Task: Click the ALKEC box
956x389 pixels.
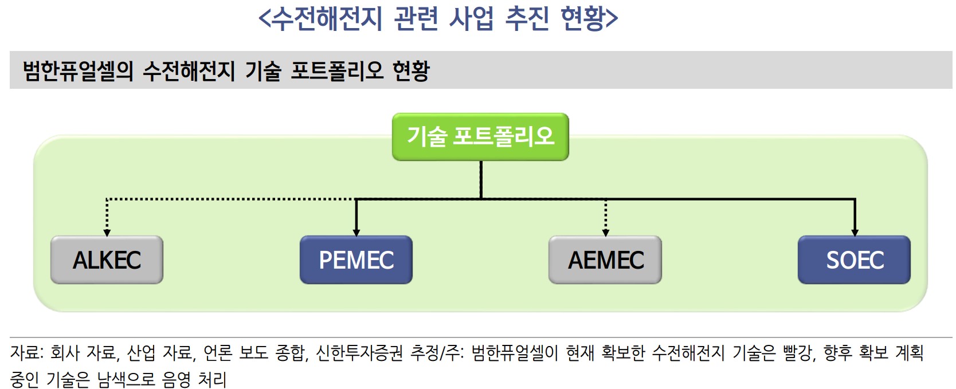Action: tap(107, 260)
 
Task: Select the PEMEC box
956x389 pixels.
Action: tap(356, 260)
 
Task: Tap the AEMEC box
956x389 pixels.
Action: tap(605, 260)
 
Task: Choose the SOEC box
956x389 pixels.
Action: tap(854, 260)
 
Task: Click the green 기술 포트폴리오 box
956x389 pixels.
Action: tap(480, 137)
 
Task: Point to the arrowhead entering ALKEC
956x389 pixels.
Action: tap(107, 233)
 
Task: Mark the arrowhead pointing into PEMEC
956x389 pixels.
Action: tap(356, 233)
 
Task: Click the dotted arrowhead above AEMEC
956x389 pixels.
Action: tap(605, 233)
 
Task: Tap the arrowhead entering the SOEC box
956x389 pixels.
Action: tap(855, 233)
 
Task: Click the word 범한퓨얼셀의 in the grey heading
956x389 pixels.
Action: tap(78, 71)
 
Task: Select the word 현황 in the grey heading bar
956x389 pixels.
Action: tap(410, 71)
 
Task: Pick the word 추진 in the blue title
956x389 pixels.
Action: tap(527, 18)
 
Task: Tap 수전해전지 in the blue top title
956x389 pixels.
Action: tap(326, 18)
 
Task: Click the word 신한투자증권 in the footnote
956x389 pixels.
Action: tap(359, 353)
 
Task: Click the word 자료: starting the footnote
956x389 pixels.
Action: tap(26, 353)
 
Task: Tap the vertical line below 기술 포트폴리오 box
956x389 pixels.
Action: tap(480, 179)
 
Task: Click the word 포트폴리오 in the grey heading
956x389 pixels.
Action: tap(337, 71)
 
